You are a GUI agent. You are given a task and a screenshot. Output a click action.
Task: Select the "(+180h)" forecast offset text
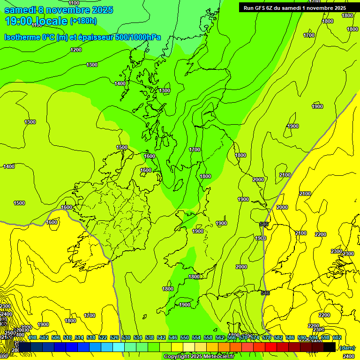pos(83,21)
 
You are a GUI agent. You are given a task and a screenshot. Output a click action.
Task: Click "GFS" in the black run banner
pos(263,8)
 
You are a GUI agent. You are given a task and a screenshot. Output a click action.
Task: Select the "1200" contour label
pos(75,50)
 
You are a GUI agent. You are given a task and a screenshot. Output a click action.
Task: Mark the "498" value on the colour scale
pos(32,337)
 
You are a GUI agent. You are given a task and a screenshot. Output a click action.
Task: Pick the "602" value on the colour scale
pos(337,337)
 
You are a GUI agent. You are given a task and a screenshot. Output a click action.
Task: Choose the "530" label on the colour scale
pos(126,337)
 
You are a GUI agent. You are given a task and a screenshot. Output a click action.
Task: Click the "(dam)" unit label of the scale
pos(347,347)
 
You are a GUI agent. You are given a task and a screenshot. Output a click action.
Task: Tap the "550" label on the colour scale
pos(185,337)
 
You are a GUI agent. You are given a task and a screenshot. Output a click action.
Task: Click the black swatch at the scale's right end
pos(330,347)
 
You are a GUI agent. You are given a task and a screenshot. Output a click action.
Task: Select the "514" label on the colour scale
pos(79,337)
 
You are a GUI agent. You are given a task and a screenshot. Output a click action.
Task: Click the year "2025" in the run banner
pos(337,8)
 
